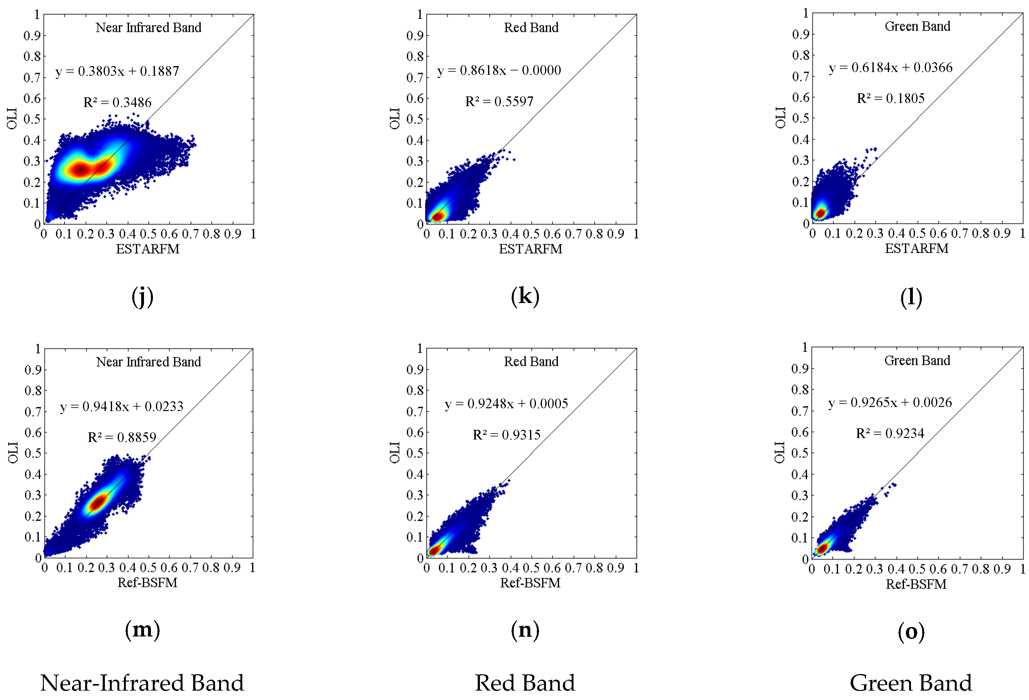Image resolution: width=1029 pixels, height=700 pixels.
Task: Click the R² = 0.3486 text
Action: pyautogui.click(x=117, y=102)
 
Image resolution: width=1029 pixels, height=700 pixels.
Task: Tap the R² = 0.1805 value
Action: pyautogui.click(x=890, y=98)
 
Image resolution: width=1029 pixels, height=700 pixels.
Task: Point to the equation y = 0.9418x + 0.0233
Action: pyautogui.click(x=121, y=406)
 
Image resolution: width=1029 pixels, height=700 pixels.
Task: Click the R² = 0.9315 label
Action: pyautogui.click(x=507, y=435)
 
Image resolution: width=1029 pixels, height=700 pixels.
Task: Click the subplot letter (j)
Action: pyautogui.click(x=142, y=297)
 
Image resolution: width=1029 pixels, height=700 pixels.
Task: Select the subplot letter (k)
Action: pyautogui.click(x=525, y=296)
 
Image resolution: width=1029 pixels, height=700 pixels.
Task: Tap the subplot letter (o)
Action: pyautogui.click(x=911, y=631)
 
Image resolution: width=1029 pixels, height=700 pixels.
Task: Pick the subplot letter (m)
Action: pyautogui.click(x=142, y=629)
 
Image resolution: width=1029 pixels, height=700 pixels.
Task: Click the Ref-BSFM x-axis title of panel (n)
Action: pyautogui.click(x=530, y=583)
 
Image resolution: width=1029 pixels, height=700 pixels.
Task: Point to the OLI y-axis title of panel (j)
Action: pyautogui.click(x=12, y=118)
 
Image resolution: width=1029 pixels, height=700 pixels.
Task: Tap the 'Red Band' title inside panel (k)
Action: pyautogui.click(x=531, y=28)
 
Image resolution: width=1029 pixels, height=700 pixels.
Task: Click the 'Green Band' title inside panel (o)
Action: pyautogui.click(x=917, y=360)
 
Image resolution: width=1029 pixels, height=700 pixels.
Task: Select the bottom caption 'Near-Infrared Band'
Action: pyautogui.click(x=142, y=683)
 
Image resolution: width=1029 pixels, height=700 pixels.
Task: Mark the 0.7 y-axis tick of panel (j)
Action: pyautogui.click(x=32, y=78)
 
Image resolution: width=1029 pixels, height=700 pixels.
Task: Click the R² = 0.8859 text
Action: pyautogui.click(x=122, y=437)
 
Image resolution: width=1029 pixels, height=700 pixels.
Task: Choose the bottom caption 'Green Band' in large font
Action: pyautogui.click(x=910, y=683)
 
